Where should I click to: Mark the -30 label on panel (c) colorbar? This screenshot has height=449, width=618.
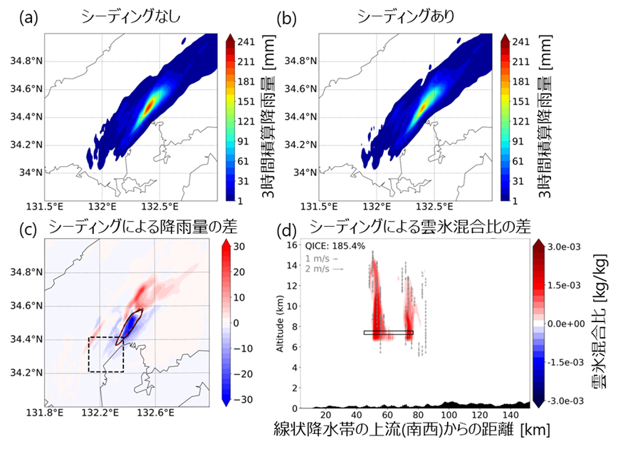(x=239, y=399)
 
